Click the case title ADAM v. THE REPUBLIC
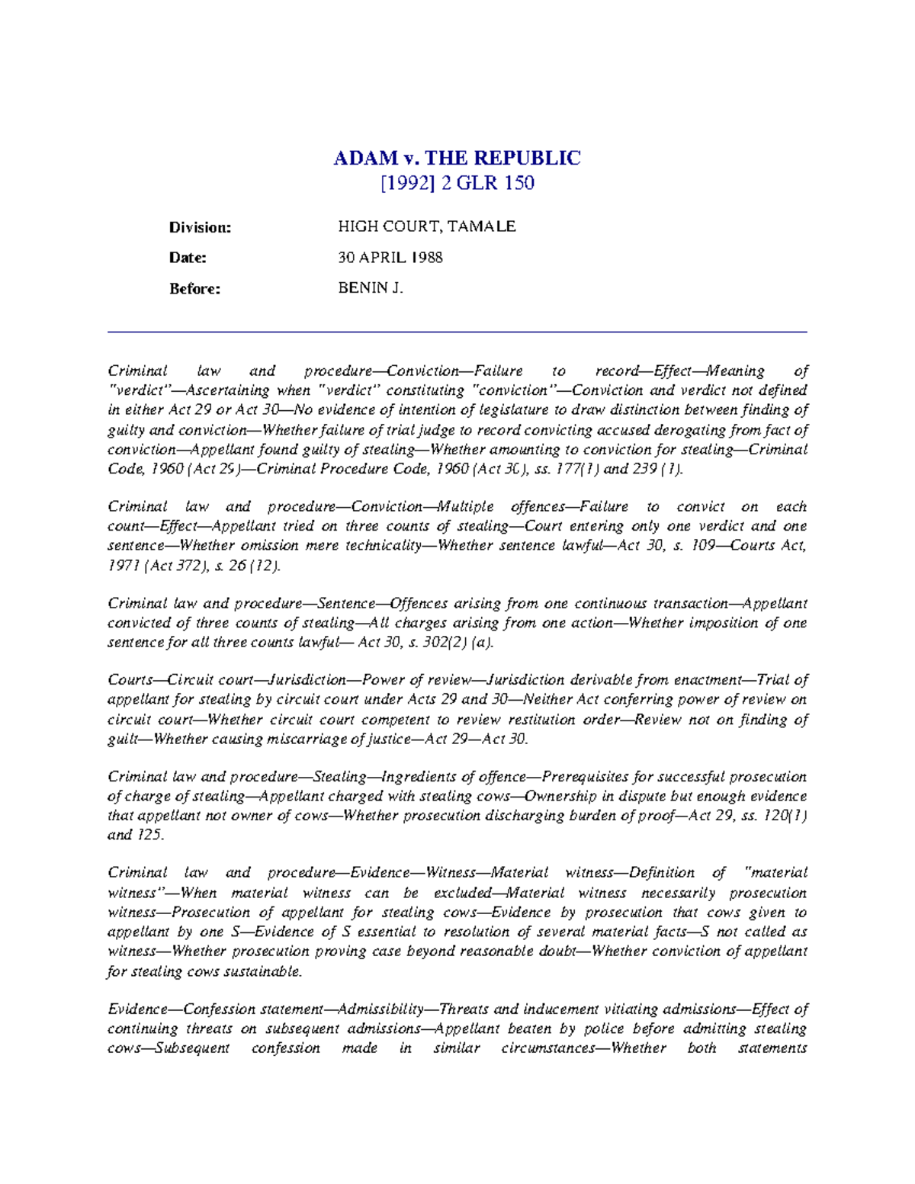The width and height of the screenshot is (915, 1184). (457, 158)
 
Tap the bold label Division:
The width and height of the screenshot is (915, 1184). (200, 227)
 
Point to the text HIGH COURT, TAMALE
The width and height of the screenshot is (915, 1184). (427, 226)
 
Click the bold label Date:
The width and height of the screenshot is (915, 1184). (188, 258)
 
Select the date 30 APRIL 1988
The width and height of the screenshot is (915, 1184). (390, 258)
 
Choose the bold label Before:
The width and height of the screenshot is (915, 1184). (194, 289)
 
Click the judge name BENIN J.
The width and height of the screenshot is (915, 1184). (371, 288)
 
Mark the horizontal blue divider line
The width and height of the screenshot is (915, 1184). (457, 332)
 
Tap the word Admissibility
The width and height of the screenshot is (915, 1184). (380, 1009)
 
